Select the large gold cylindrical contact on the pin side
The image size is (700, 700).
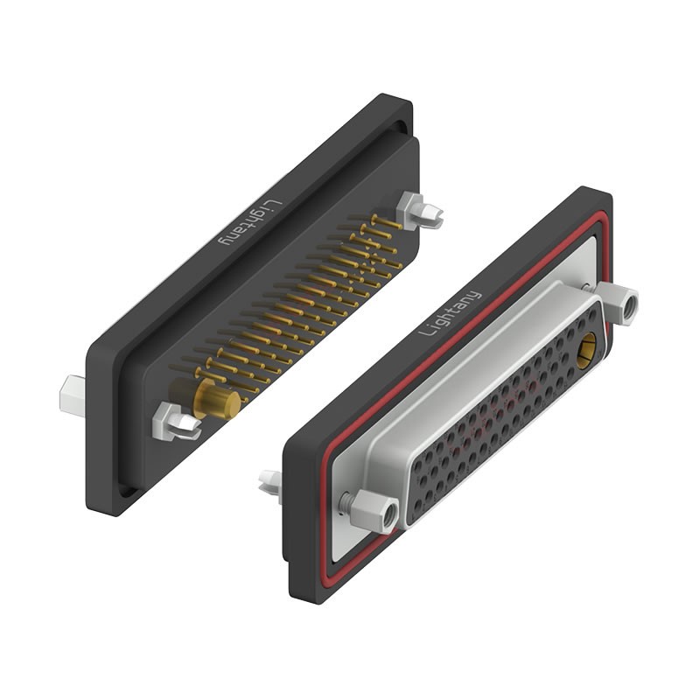[216, 400]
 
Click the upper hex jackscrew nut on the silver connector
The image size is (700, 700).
[623, 305]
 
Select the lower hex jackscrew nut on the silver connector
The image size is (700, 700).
[376, 511]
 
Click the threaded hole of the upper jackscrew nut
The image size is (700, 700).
[628, 307]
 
